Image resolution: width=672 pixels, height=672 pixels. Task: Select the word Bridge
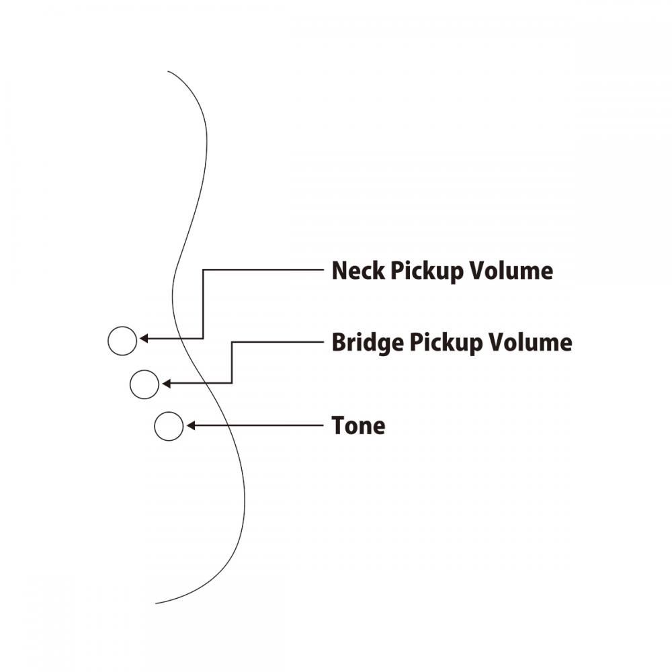click(368, 343)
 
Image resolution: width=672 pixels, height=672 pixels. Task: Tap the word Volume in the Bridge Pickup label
click(531, 342)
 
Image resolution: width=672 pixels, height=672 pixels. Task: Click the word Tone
click(358, 425)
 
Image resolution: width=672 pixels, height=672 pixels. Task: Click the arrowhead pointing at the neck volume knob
click(144, 339)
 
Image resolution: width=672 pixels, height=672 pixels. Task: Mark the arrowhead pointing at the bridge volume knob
click(166, 383)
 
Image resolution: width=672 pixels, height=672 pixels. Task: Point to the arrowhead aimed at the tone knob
click(191, 425)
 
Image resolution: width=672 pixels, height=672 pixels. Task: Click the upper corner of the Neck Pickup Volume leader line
click(203, 269)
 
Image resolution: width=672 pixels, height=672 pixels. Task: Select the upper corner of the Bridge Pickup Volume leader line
click(232, 342)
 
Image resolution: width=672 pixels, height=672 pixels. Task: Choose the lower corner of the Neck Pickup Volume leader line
click(203, 339)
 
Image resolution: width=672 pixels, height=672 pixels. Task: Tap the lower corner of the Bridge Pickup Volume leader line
click(232, 383)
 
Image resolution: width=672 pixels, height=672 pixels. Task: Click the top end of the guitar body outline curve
click(167, 71)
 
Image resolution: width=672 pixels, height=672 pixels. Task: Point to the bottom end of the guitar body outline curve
click(156, 603)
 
